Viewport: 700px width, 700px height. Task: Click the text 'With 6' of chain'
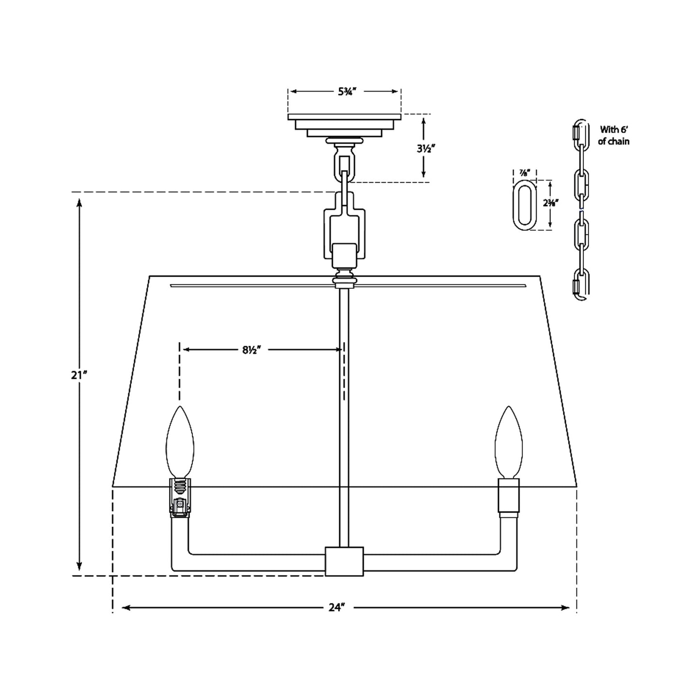pos(614,136)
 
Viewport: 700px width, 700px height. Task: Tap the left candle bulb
pos(180,442)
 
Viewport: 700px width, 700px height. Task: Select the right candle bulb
pos(509,442)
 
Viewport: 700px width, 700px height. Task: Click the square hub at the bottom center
pos(344,561)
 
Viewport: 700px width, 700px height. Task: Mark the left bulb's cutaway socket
pos(180,498)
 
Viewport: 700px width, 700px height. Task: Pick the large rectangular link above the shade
pos(344,228)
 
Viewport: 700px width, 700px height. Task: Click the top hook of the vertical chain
pos(581,130)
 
